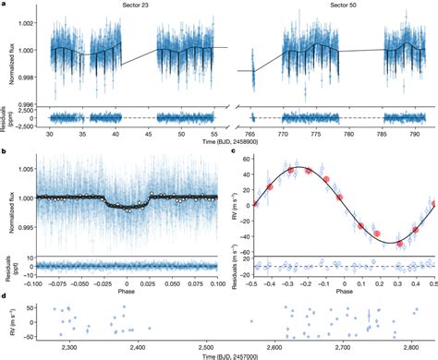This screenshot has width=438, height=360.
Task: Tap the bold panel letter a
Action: pyautogui.click(x=4, y=5)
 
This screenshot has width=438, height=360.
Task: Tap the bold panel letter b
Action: pyautogui.click(x=5, y=152)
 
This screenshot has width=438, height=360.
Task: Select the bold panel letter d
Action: pyautogui.click(x=5, y=295)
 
